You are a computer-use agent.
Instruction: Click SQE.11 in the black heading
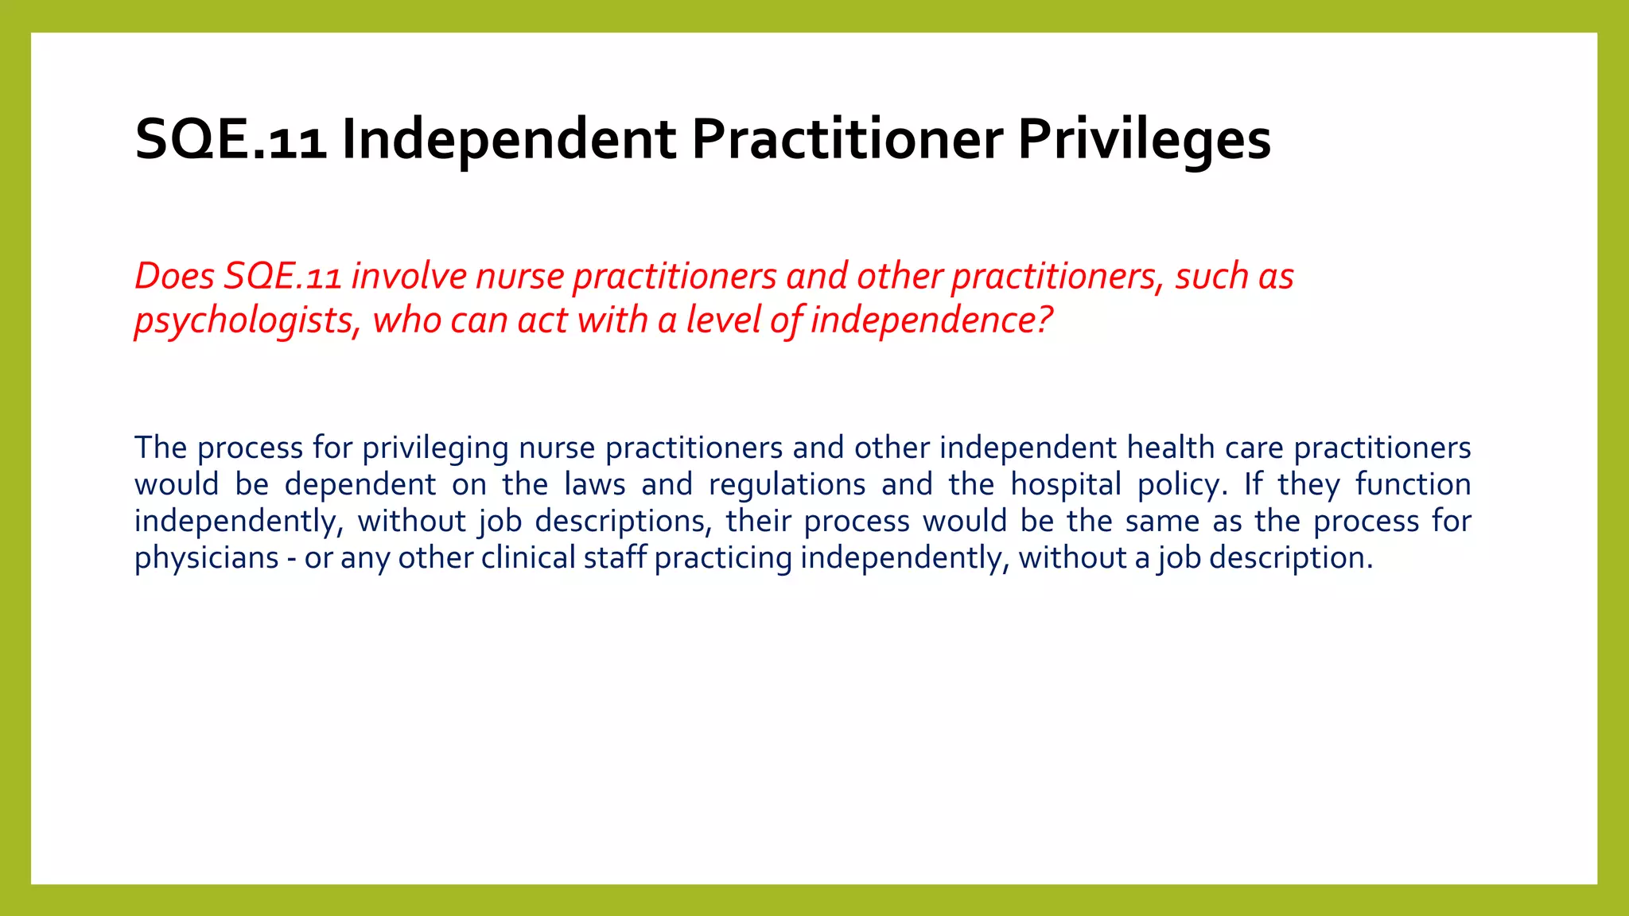(231, 140)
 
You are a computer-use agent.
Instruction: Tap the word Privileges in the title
(1144, 140)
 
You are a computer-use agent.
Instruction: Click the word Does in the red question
(174, 277)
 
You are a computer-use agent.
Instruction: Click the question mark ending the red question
(1044, 320)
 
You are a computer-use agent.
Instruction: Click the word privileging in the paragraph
(435, 448)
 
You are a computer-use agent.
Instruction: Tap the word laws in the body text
(595, 484)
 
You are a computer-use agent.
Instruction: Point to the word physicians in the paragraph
(206, 558)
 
